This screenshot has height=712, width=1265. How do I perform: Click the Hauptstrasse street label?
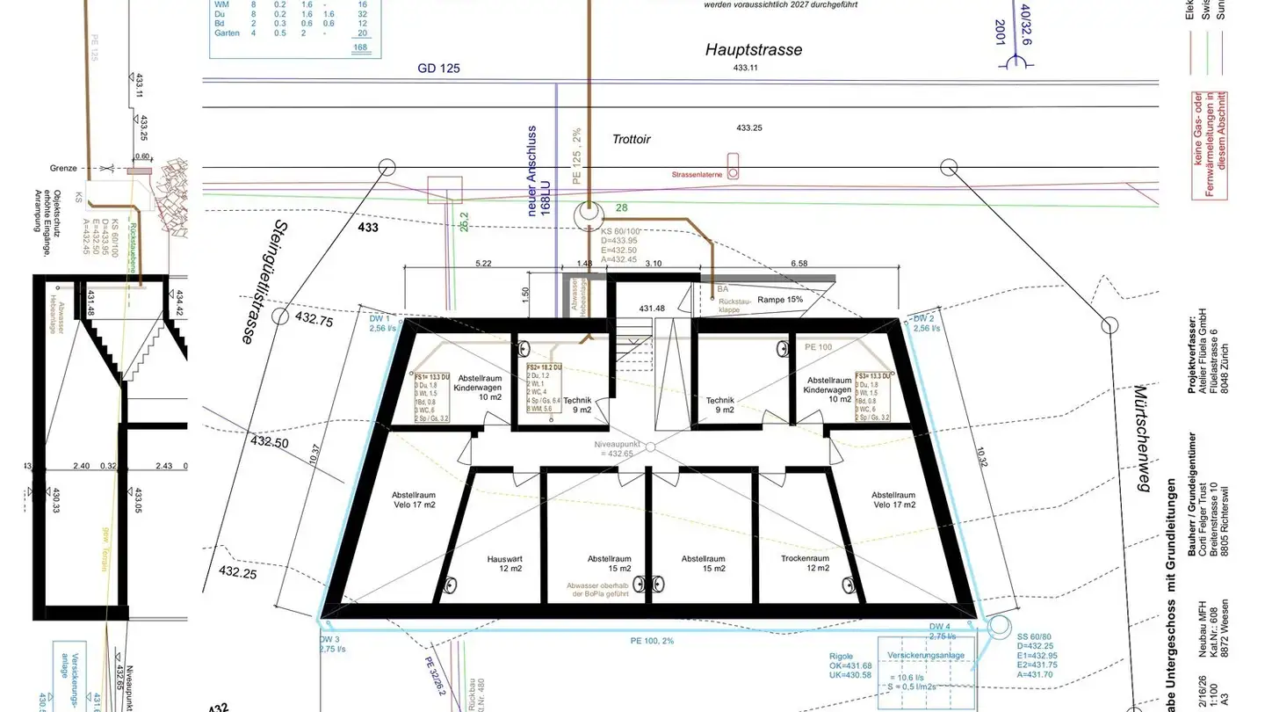(753, 50)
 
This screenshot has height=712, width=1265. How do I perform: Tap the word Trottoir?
(631, 139)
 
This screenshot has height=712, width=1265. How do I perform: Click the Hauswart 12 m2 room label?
(505, 563)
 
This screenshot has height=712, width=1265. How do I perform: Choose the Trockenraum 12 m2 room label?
(806, 563)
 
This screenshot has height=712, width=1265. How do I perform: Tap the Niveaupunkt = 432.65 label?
(617, 448)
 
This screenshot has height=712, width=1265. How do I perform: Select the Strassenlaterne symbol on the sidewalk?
(733, 168)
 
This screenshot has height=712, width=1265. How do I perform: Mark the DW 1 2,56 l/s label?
(379, 323)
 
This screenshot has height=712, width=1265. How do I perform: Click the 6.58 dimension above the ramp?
(799, 263)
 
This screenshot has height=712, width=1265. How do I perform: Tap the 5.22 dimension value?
(482, 263)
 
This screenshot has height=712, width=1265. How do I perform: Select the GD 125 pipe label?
(438, 68)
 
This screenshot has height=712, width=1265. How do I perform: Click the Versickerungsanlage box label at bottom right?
(926, 656)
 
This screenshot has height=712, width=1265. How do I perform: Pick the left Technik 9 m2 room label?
(578, 403)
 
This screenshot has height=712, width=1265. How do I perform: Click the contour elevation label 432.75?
(314, 321)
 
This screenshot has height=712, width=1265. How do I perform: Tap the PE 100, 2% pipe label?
(653, 640)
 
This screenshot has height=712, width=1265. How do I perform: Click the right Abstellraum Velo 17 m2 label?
(893, 499)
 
